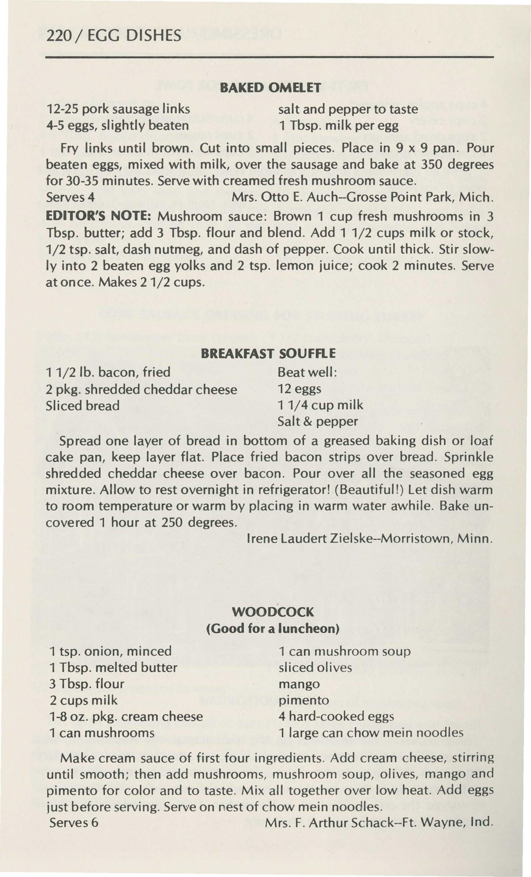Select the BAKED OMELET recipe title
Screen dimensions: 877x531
click(x=271, y=87)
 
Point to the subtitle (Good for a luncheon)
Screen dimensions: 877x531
click(x=273, y=628)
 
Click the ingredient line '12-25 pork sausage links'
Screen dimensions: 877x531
click(x=118, y=109)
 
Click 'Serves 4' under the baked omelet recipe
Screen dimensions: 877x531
click(x=70, y=197)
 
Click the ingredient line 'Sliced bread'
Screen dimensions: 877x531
click(x=82, y=405)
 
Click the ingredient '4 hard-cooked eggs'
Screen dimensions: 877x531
click(x=336, y=716)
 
